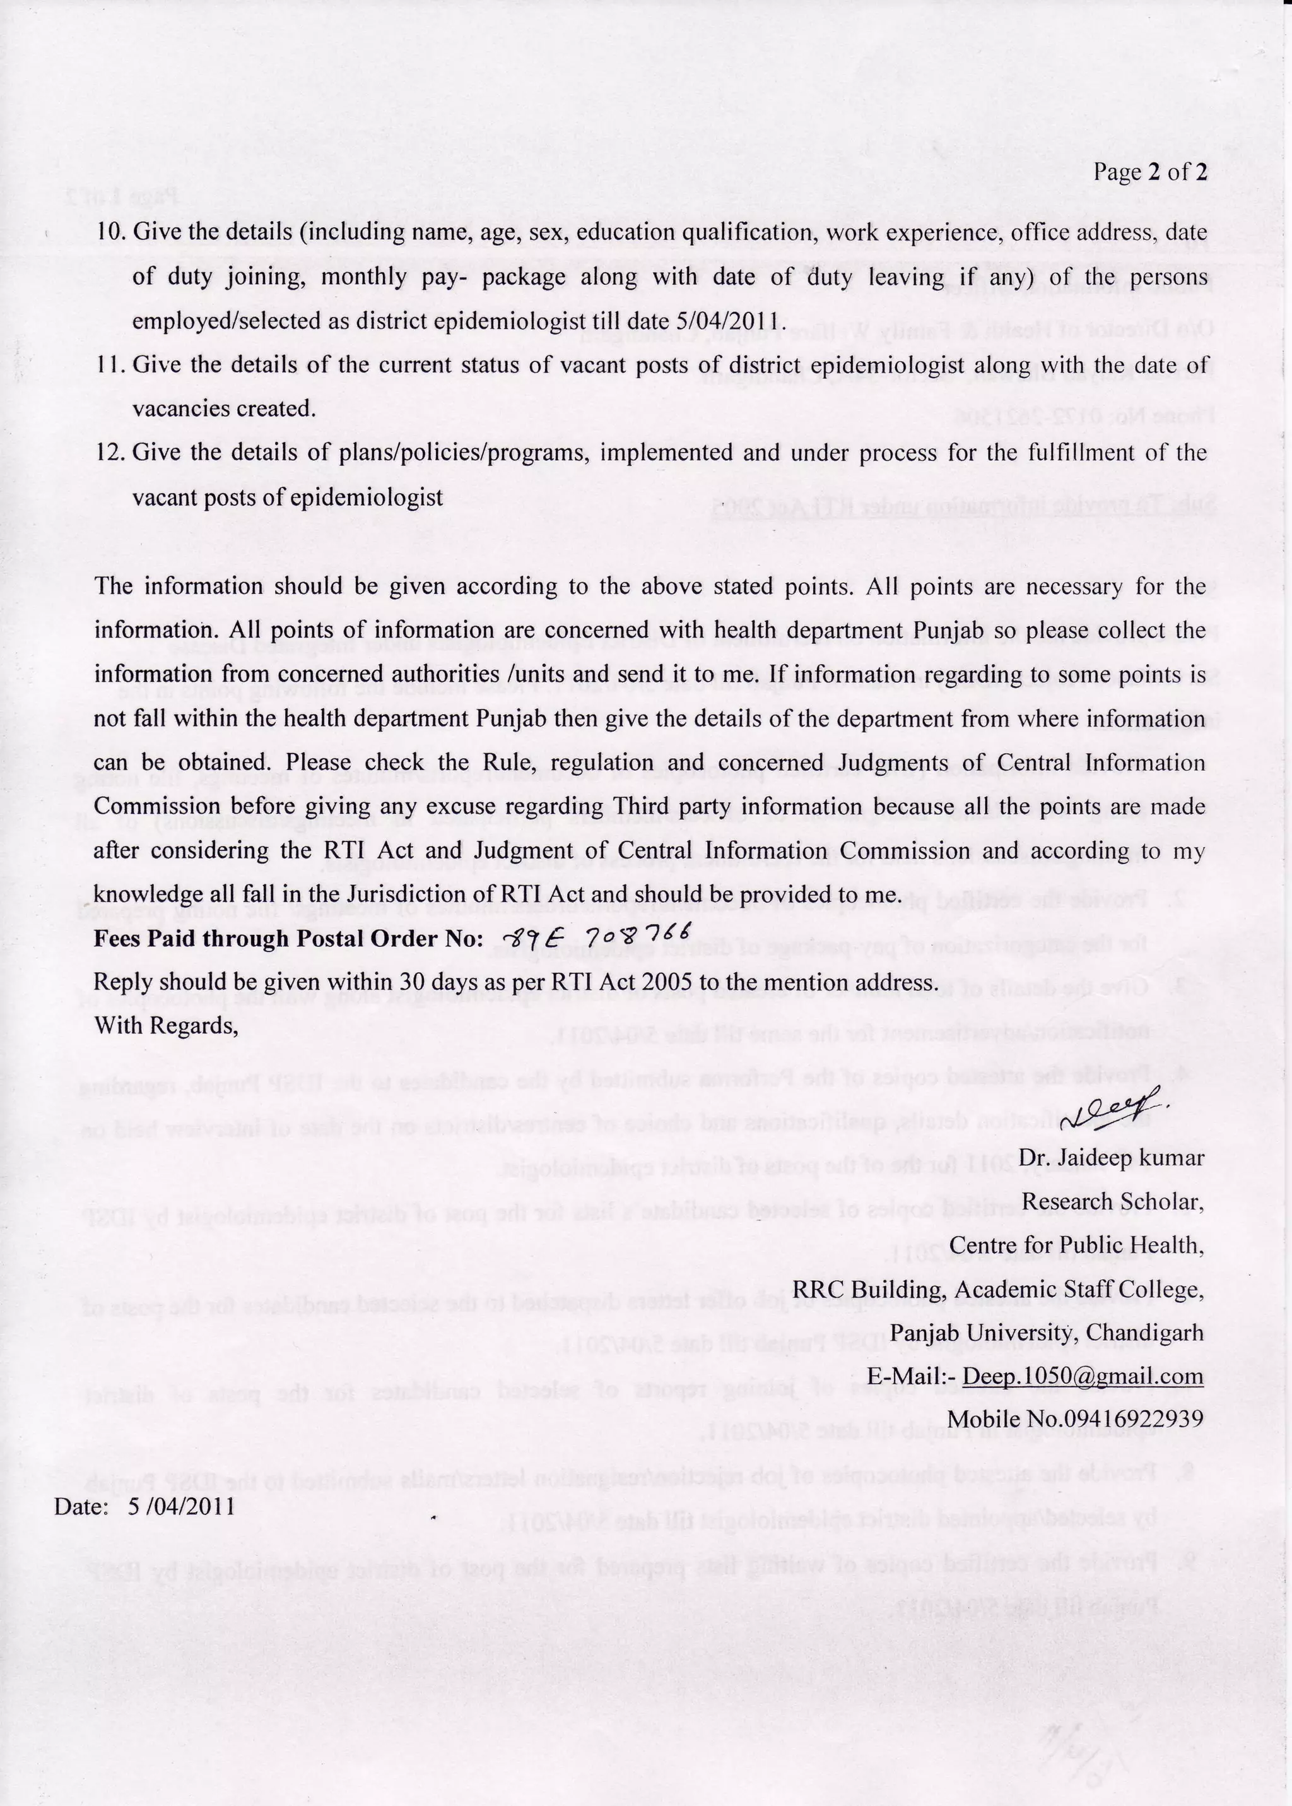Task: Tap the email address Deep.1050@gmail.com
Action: tap(1083, 1376)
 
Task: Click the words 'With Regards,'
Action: tap(167, 1026)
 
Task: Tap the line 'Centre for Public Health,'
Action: tap(1076, 1244)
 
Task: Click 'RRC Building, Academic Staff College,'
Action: tap(997, 1288)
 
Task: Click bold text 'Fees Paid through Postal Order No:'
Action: tap(288, 939)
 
